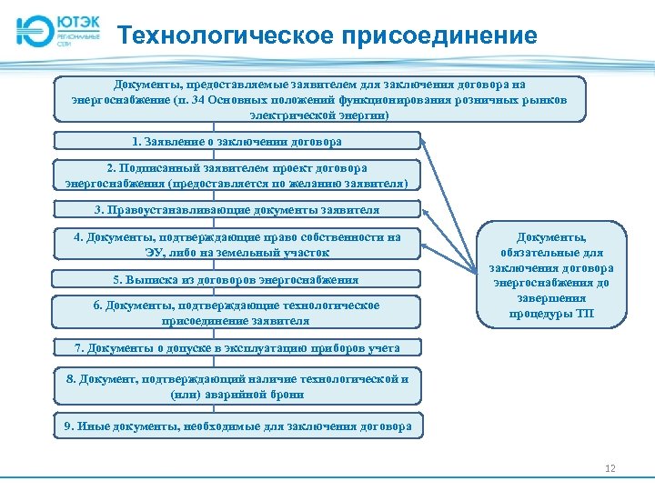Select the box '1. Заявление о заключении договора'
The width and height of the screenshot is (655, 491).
pyautogui.click(x=237, y=141)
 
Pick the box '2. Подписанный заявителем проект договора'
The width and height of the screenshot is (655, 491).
pyautogui.click(x=237, y=175)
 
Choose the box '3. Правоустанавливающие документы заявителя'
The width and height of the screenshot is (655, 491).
pyautogui.click(x=237, y=211)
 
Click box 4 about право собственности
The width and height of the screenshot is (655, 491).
pyautogui.click(x=237, y=245)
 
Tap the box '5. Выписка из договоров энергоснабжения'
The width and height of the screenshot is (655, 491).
pyautogui.click(x=237, y=280)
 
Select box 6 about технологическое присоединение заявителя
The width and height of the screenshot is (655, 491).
pyautogui.click(x=237, y=313)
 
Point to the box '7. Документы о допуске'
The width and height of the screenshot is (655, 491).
pyautogui.click(x=237, y=348)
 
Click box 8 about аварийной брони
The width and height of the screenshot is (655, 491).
pyautogui.click(x=237, y=386)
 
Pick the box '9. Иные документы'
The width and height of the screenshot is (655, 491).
pyautogui.click(x=237, y=426)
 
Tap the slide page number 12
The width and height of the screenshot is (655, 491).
pyautogui.click(x=610, y=468)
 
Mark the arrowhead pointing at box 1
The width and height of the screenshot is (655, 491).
pyautogui.click(x=425, y=138)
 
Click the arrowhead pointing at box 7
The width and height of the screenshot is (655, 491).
pyautogui.click(x=425, y=346)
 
